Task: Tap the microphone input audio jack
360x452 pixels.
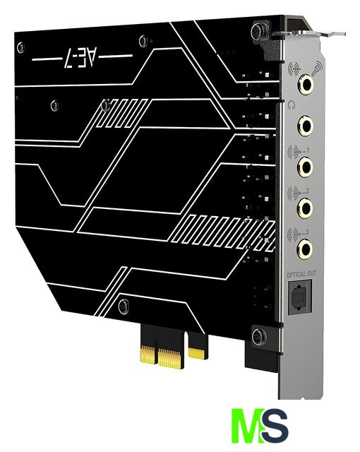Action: coord(306,84)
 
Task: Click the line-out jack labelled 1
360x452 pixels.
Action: coord(306,166)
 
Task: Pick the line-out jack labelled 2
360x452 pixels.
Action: coord(306,207)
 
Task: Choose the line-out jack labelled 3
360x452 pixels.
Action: coord(305,248)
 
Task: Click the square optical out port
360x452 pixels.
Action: coord(300,297)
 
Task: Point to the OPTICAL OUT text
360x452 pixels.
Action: coord(301,274)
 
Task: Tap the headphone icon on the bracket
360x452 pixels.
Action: coord(292,105)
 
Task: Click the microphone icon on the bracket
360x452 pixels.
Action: coord(317,68)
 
